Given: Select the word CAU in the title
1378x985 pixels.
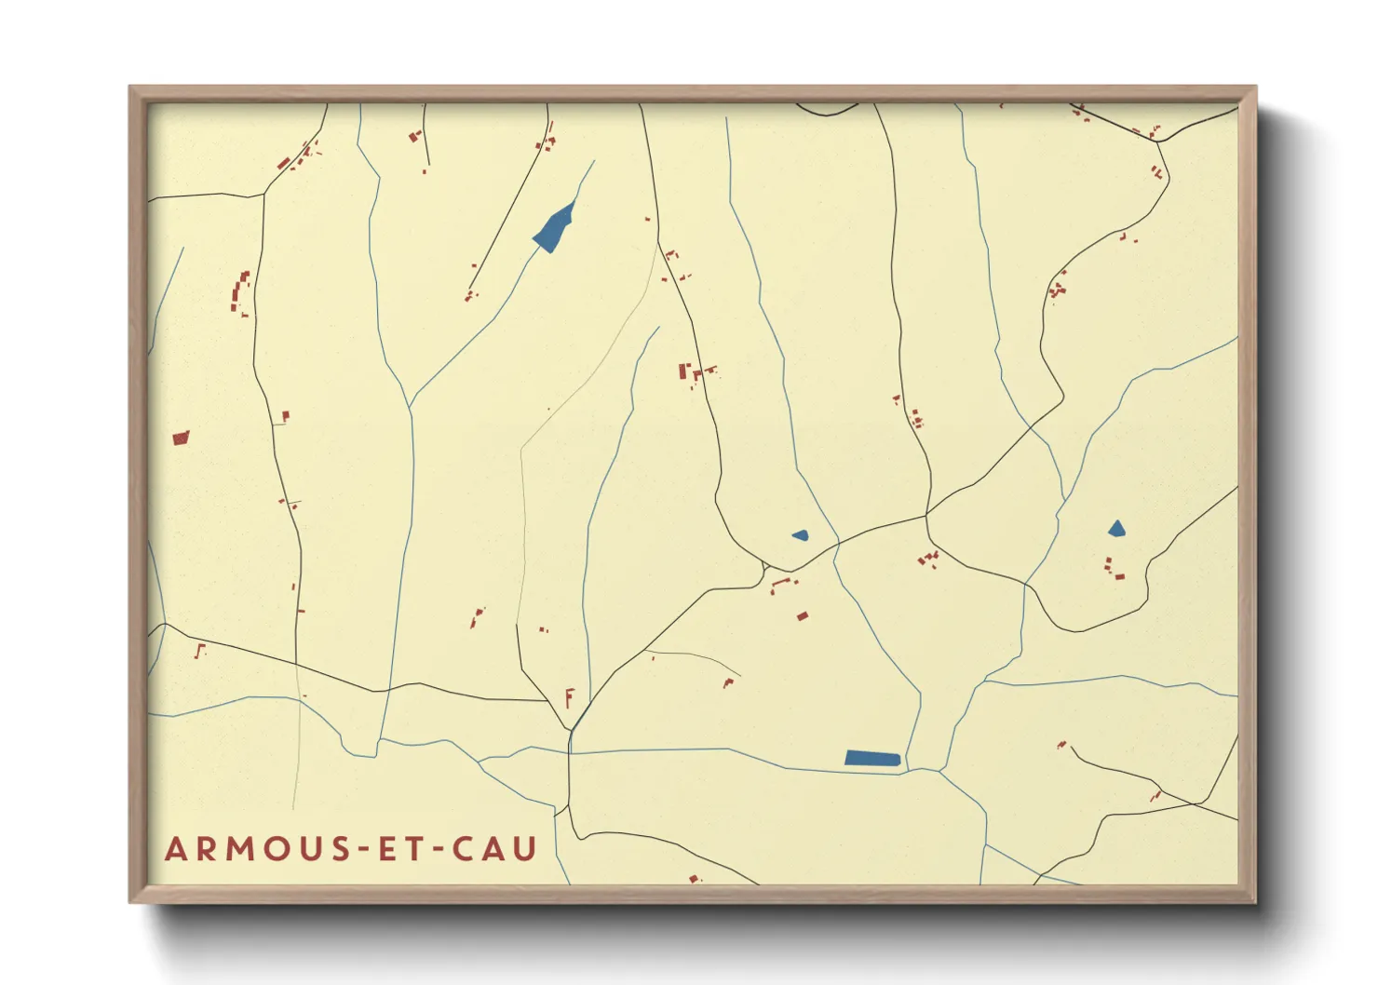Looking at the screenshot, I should click(x=494, y=849).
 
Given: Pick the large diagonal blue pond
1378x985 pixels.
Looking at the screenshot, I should click(x=553, y=227).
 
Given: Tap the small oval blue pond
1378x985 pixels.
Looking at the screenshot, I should click(x=800, y=535).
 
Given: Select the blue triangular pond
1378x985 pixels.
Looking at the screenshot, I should click(x=1116, y=529).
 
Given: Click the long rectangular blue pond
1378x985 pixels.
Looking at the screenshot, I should click(x=872, y=759).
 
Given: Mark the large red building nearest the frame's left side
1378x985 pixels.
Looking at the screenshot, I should click(x=181, y=437).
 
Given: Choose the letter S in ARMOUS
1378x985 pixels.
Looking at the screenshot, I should click(x=339, y=849).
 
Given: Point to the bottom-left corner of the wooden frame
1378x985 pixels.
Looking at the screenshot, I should click(x=131, y=900).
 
